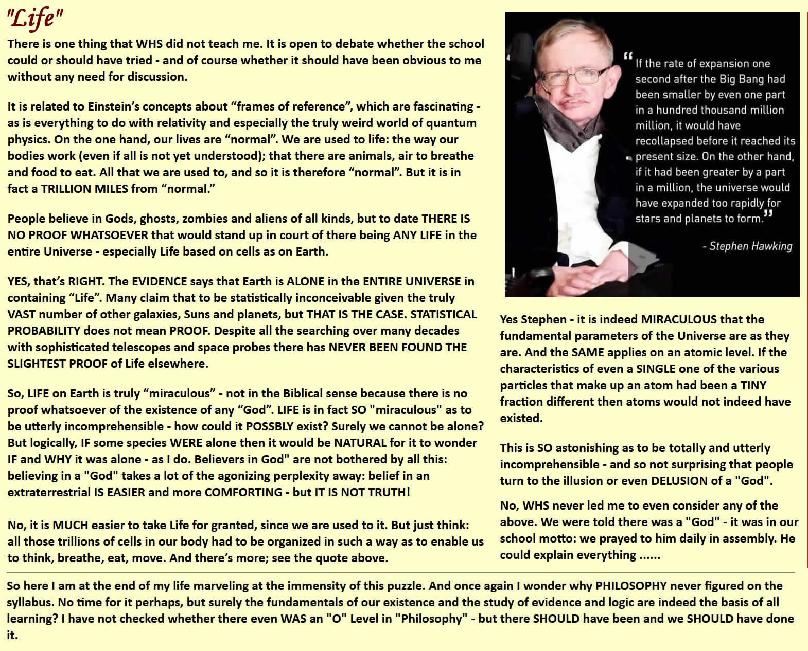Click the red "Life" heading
click(x=34, y=19)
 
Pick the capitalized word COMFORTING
click(x=242, y=492)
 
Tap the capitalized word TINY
click(x=753, y=385)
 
